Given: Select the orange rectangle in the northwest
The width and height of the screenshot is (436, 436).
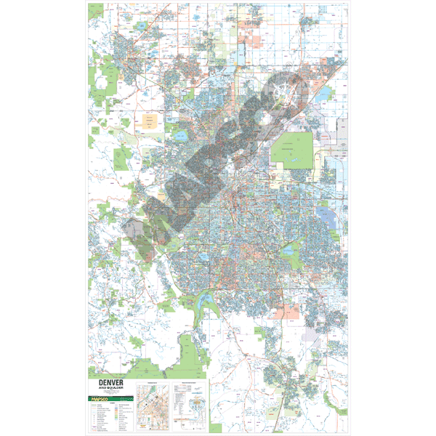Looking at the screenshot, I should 151,121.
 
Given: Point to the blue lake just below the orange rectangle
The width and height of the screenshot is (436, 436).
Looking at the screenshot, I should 179,135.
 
